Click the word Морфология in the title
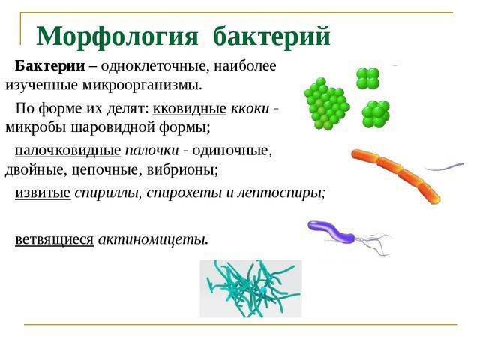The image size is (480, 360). pyautogui.click(x=117, y=36)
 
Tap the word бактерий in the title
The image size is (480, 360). pyautogui.click(x=271, y=36)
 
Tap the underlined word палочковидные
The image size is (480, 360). pyautogui.click(x=67, y=150)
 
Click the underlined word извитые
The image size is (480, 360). pyautogui.click(x=43, y=193)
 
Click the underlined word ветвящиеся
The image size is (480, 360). pyautogui.click(x=54, y=239)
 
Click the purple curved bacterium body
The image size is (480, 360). pyautogui.click(x=331, y=229)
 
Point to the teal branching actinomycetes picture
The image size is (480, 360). pyautogui.click(x=250, y=288)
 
